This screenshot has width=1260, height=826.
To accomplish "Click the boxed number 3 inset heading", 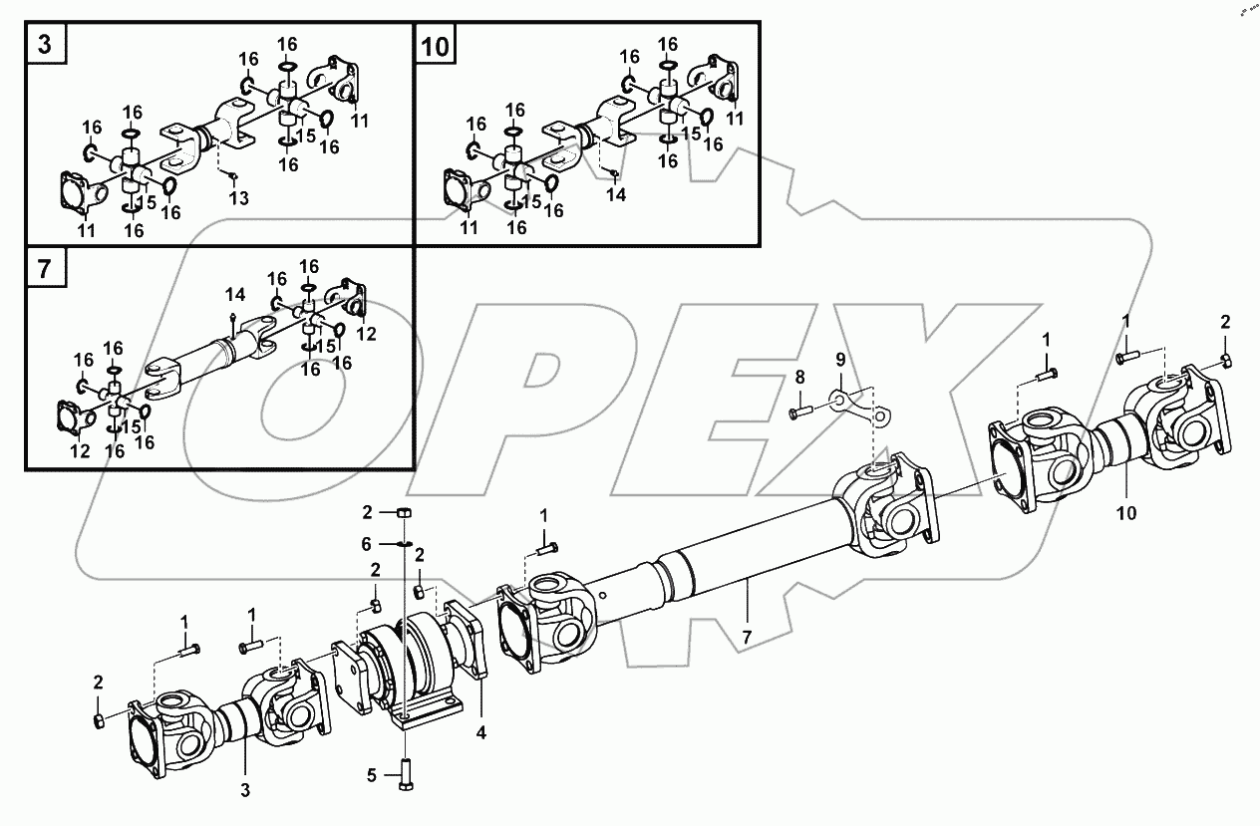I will point(45,46).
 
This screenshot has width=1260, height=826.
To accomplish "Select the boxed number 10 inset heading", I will point(436,46).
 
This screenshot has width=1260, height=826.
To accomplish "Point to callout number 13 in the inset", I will point(237,198).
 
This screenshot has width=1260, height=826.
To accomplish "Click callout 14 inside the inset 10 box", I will point(616,194).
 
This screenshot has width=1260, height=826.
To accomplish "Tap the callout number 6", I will point(366,543).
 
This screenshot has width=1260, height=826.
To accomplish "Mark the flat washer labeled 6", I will point(404,543).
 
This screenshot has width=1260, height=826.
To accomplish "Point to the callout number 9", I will point(839,358).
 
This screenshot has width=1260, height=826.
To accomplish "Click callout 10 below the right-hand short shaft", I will point(1125,515).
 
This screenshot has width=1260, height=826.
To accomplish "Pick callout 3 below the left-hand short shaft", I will point(244,791).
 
